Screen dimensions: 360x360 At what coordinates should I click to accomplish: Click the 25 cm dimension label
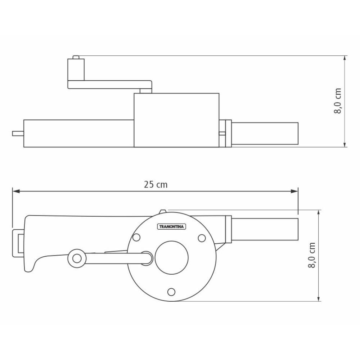click(x=156, y=185)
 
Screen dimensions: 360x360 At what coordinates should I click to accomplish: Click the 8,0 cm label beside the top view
click(x=338, y=101)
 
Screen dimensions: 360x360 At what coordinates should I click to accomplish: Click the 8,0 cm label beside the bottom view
click(x=312, y=255)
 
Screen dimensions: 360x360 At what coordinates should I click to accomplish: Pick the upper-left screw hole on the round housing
click(x=136, y=238)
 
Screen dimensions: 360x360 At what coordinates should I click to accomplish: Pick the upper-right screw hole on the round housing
click(x=202, y=238)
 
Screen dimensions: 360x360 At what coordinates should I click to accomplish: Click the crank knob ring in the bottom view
click(x=76, y=258)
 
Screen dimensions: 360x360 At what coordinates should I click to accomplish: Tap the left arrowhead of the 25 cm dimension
click(x=15, y=192)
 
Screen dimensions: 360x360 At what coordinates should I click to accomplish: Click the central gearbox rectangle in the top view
click(x=176, y=120)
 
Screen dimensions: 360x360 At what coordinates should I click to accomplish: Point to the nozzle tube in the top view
click(x=265, y=134)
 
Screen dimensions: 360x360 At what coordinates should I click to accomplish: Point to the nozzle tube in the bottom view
click(x=265, y=229)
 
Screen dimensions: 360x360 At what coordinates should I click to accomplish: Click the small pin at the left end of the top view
click(x=17, y=134)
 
